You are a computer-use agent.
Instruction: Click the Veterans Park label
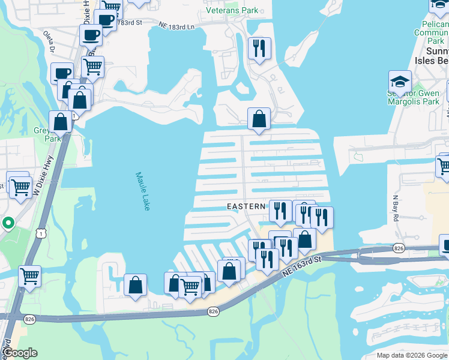232,10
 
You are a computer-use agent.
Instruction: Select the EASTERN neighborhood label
246,206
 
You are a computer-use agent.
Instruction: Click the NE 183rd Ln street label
177,26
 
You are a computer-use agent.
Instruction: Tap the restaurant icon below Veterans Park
259,49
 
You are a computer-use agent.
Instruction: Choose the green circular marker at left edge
8,224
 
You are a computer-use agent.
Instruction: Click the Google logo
20,353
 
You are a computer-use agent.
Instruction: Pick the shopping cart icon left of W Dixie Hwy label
20,187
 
